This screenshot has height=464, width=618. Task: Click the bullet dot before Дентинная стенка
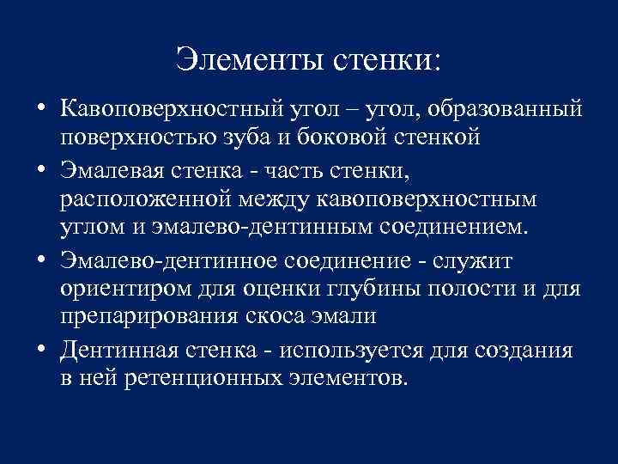pyautogui.click(x=39, y=348)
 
